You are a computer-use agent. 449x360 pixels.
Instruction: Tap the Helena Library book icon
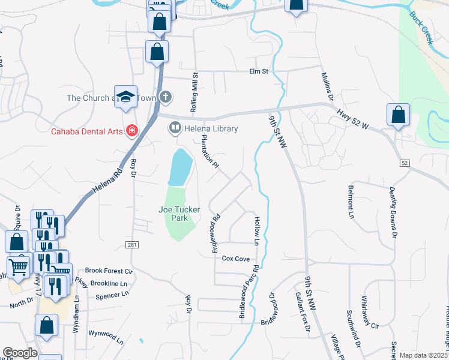[x=175, y=128]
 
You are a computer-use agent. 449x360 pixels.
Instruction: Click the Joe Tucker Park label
[x=179, y=214]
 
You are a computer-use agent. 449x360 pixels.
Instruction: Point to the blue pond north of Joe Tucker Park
[x=180, y=167]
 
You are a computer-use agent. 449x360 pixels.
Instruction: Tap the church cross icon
[x=166, y=97]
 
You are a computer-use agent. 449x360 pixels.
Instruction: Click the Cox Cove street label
[x=235, y=259]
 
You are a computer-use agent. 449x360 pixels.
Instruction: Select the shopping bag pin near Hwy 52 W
[x=398, y=115]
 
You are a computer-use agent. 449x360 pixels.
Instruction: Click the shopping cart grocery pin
[x=19, y=266]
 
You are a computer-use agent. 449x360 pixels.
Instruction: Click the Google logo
[x=20, y=353]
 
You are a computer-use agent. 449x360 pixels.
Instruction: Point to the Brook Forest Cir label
[x=109, y=271]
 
